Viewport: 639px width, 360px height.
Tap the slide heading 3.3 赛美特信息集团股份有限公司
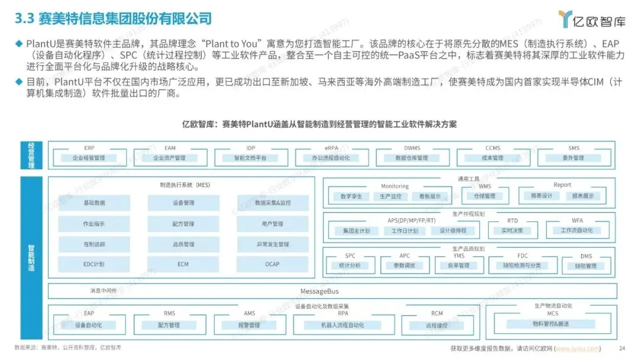point(113,19)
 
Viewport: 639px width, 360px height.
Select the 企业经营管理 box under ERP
point(89,158)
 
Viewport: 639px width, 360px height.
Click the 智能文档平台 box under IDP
point(250,158)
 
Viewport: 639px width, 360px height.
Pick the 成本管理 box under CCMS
point(492,158)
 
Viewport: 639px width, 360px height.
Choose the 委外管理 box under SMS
point(573,158)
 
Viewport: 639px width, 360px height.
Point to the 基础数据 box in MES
point(94,203)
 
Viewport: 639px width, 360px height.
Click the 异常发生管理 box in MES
point(272,244)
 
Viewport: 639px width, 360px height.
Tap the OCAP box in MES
point(272,264)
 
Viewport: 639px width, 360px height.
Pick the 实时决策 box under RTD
point(512,230)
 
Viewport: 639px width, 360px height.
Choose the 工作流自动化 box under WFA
point(577,230)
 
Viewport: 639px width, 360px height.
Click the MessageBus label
point(319,291)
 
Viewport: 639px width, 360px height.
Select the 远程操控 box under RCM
point(437,326)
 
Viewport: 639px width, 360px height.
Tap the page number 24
point(621,348)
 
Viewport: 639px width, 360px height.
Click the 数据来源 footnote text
point(68,347)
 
